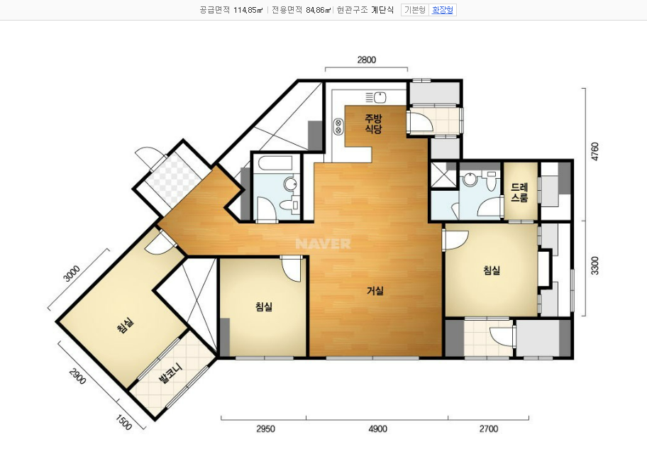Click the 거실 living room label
coord(375,291)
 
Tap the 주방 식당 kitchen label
coord(373,124)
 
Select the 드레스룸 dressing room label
coord(519,192)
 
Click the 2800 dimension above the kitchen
coord(366,60)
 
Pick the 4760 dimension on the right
coord(595,152)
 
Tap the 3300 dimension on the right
coord(595,265)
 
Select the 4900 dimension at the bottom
coord(377,429)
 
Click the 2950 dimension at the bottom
coord(265,429)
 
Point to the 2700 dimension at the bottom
coord(489,429)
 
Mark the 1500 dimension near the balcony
coord(123,422)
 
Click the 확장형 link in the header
coord(443,10)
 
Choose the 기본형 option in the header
coord(415,10)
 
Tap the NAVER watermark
coord(323,243)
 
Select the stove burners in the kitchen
coord(339,126)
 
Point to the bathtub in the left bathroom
coord(275,163)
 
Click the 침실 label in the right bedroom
coord(492,270)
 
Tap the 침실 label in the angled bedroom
coord(126,326)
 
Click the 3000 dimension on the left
coord(72,274)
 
